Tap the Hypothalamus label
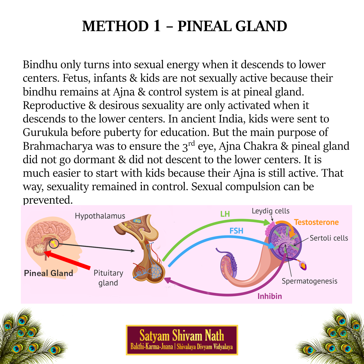click(x=100, y=216)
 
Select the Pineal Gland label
click(x=48, y=273)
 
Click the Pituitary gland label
click(x=108, y=278)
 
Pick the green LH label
click(x=225, y=214)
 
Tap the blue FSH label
click(x=236, y=231)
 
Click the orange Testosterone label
click(x=316, y=222)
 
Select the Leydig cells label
click(x=271, y=211)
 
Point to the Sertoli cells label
click(x=329, y=238)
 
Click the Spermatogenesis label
click(x=309, y=281)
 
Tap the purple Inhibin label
click(x=270, y=296)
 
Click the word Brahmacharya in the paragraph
click(x=57, y=146)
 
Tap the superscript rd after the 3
click(x=191, y=143)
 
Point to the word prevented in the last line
click(x=48, y=200)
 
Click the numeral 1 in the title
click(x=157, y=26)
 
